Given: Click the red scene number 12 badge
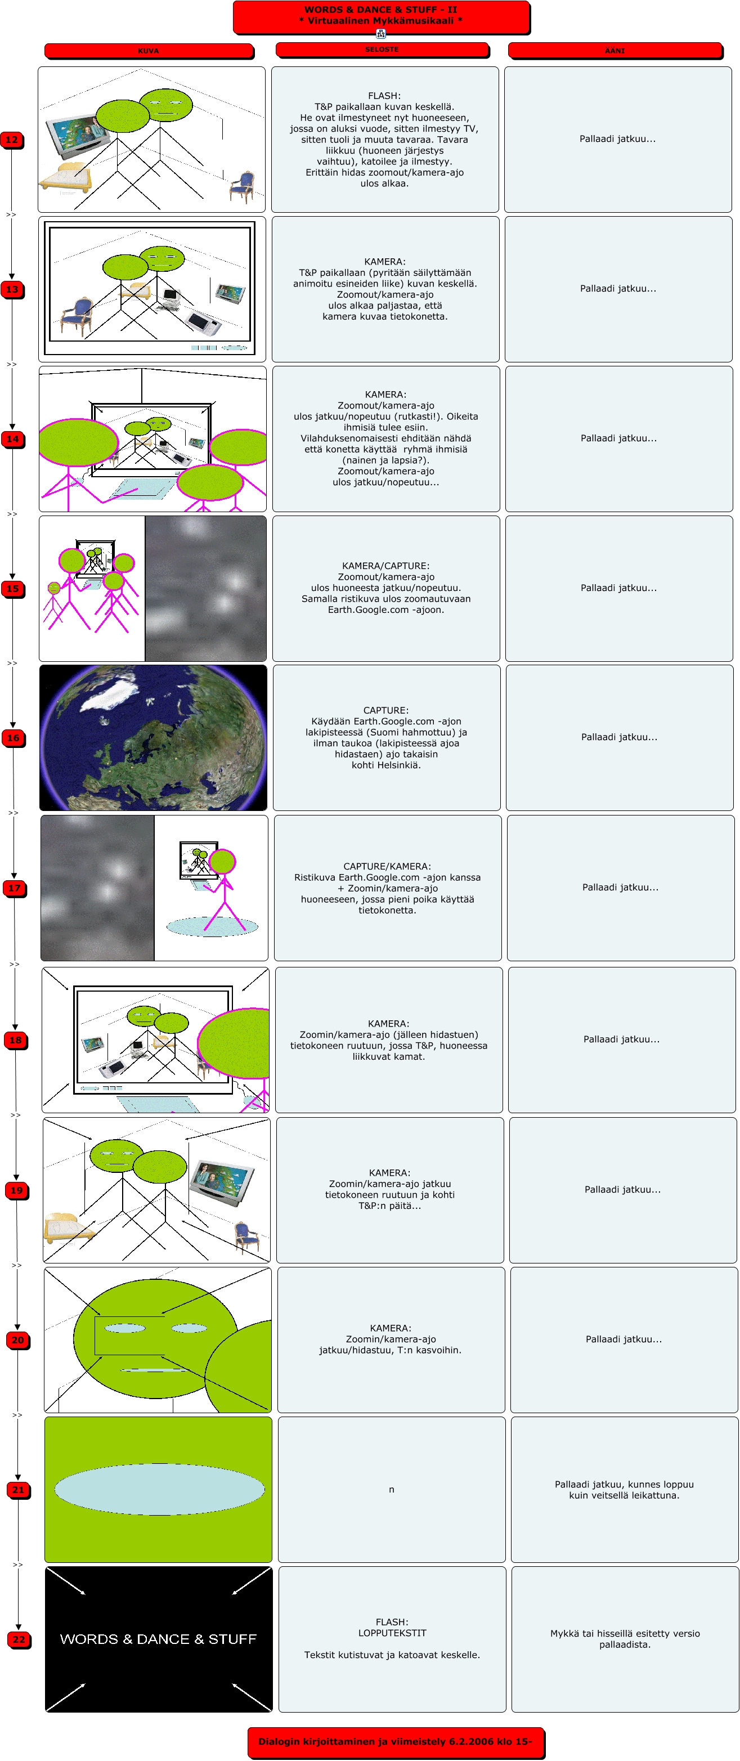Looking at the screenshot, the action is (x=12, y=140).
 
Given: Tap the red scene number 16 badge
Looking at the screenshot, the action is (x=14, y=738).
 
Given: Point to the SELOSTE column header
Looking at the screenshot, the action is (x=382, y=49).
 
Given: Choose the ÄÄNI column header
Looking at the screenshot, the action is (x=615, y=51).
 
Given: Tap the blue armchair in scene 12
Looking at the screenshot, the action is (x=242, y=185).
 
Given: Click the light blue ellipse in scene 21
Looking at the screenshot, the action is (x=159, y=1489).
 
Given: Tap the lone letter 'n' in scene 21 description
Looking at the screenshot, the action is (x=392, y=1490).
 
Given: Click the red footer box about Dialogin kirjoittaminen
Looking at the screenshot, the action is (x=395, y=1741).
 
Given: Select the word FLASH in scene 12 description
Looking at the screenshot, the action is (x=384, y=96).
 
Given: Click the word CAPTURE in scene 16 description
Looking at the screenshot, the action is (x=385, y=710).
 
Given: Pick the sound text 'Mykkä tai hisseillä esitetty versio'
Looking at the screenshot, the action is (x=625, y=1633).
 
